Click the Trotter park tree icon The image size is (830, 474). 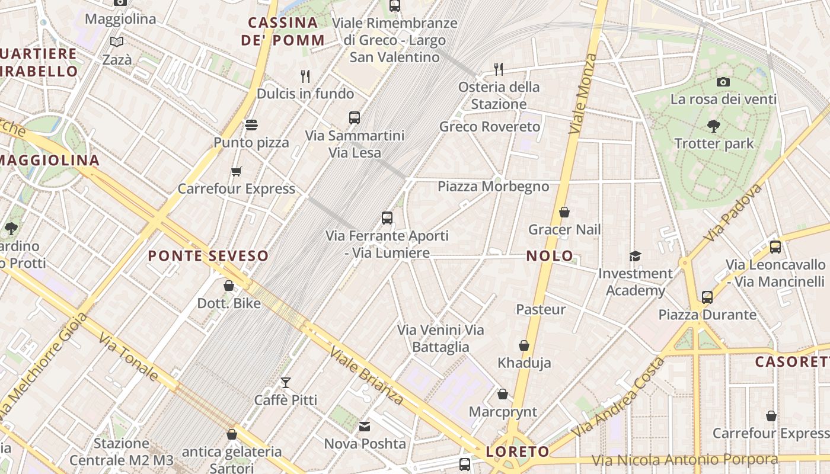(713, 126)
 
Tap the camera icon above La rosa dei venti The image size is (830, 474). (723, 82)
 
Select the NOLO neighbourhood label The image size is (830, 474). (550, 256)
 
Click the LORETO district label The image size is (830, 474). (518, 452)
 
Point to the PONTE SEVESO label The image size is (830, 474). (208, 256)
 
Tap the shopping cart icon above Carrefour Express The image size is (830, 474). (237, 172)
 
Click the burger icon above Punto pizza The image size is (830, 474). (251, 125)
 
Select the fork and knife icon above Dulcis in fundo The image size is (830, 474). (305, 76)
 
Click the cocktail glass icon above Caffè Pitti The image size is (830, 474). (286, 383)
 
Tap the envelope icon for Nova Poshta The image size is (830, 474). (364, 426)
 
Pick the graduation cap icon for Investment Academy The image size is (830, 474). (635, 256)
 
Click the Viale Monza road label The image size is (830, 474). (582, 94)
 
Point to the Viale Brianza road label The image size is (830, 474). (367, 376)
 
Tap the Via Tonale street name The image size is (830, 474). (128, 357)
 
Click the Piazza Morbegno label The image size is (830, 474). (493, 187)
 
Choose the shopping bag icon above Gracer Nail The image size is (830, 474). (564, 212)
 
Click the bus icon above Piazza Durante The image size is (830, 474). (707, 297)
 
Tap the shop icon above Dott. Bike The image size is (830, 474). (229, 286)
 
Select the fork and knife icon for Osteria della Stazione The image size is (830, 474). (499, 69)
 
